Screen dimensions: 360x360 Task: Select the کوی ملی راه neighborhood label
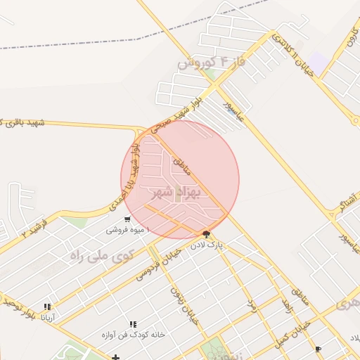point(101,255)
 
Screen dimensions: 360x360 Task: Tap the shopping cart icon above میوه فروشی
point(127,219)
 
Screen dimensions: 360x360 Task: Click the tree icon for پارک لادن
point(206,234)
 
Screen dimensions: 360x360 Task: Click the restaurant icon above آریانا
point(48,307)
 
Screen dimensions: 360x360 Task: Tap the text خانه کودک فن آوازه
point(133,335)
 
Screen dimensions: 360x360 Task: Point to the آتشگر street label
point(333,204)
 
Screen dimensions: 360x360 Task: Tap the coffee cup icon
point(319,349)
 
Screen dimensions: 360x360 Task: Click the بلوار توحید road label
point(17,307)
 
